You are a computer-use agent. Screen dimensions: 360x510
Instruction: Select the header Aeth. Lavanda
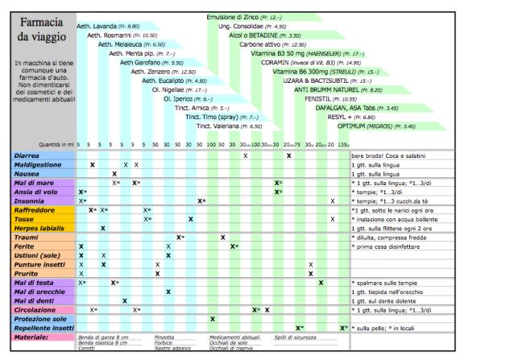pyautogui.click(x=108, y=26)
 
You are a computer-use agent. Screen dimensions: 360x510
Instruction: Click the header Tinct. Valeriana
pyautogui.click(x=230, y=126)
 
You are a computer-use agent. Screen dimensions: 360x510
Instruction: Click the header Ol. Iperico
pyautogui.click(x=199, y=98)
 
